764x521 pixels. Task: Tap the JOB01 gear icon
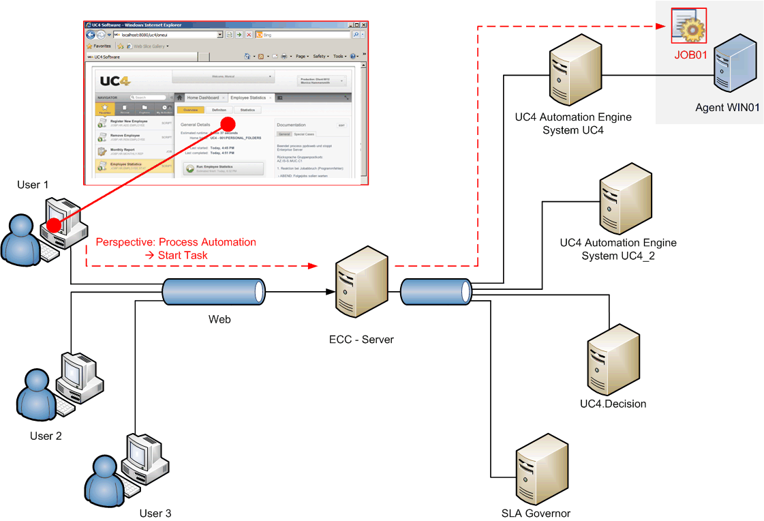(688, 25)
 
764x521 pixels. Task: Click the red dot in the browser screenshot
(229, 123)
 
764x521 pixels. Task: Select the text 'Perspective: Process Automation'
(176, 242)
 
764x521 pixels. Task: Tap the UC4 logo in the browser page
(114, 80)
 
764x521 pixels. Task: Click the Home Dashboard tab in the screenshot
(202, 98)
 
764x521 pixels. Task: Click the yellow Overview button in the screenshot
(190, 110)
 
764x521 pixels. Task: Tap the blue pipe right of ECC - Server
(434, 292)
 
